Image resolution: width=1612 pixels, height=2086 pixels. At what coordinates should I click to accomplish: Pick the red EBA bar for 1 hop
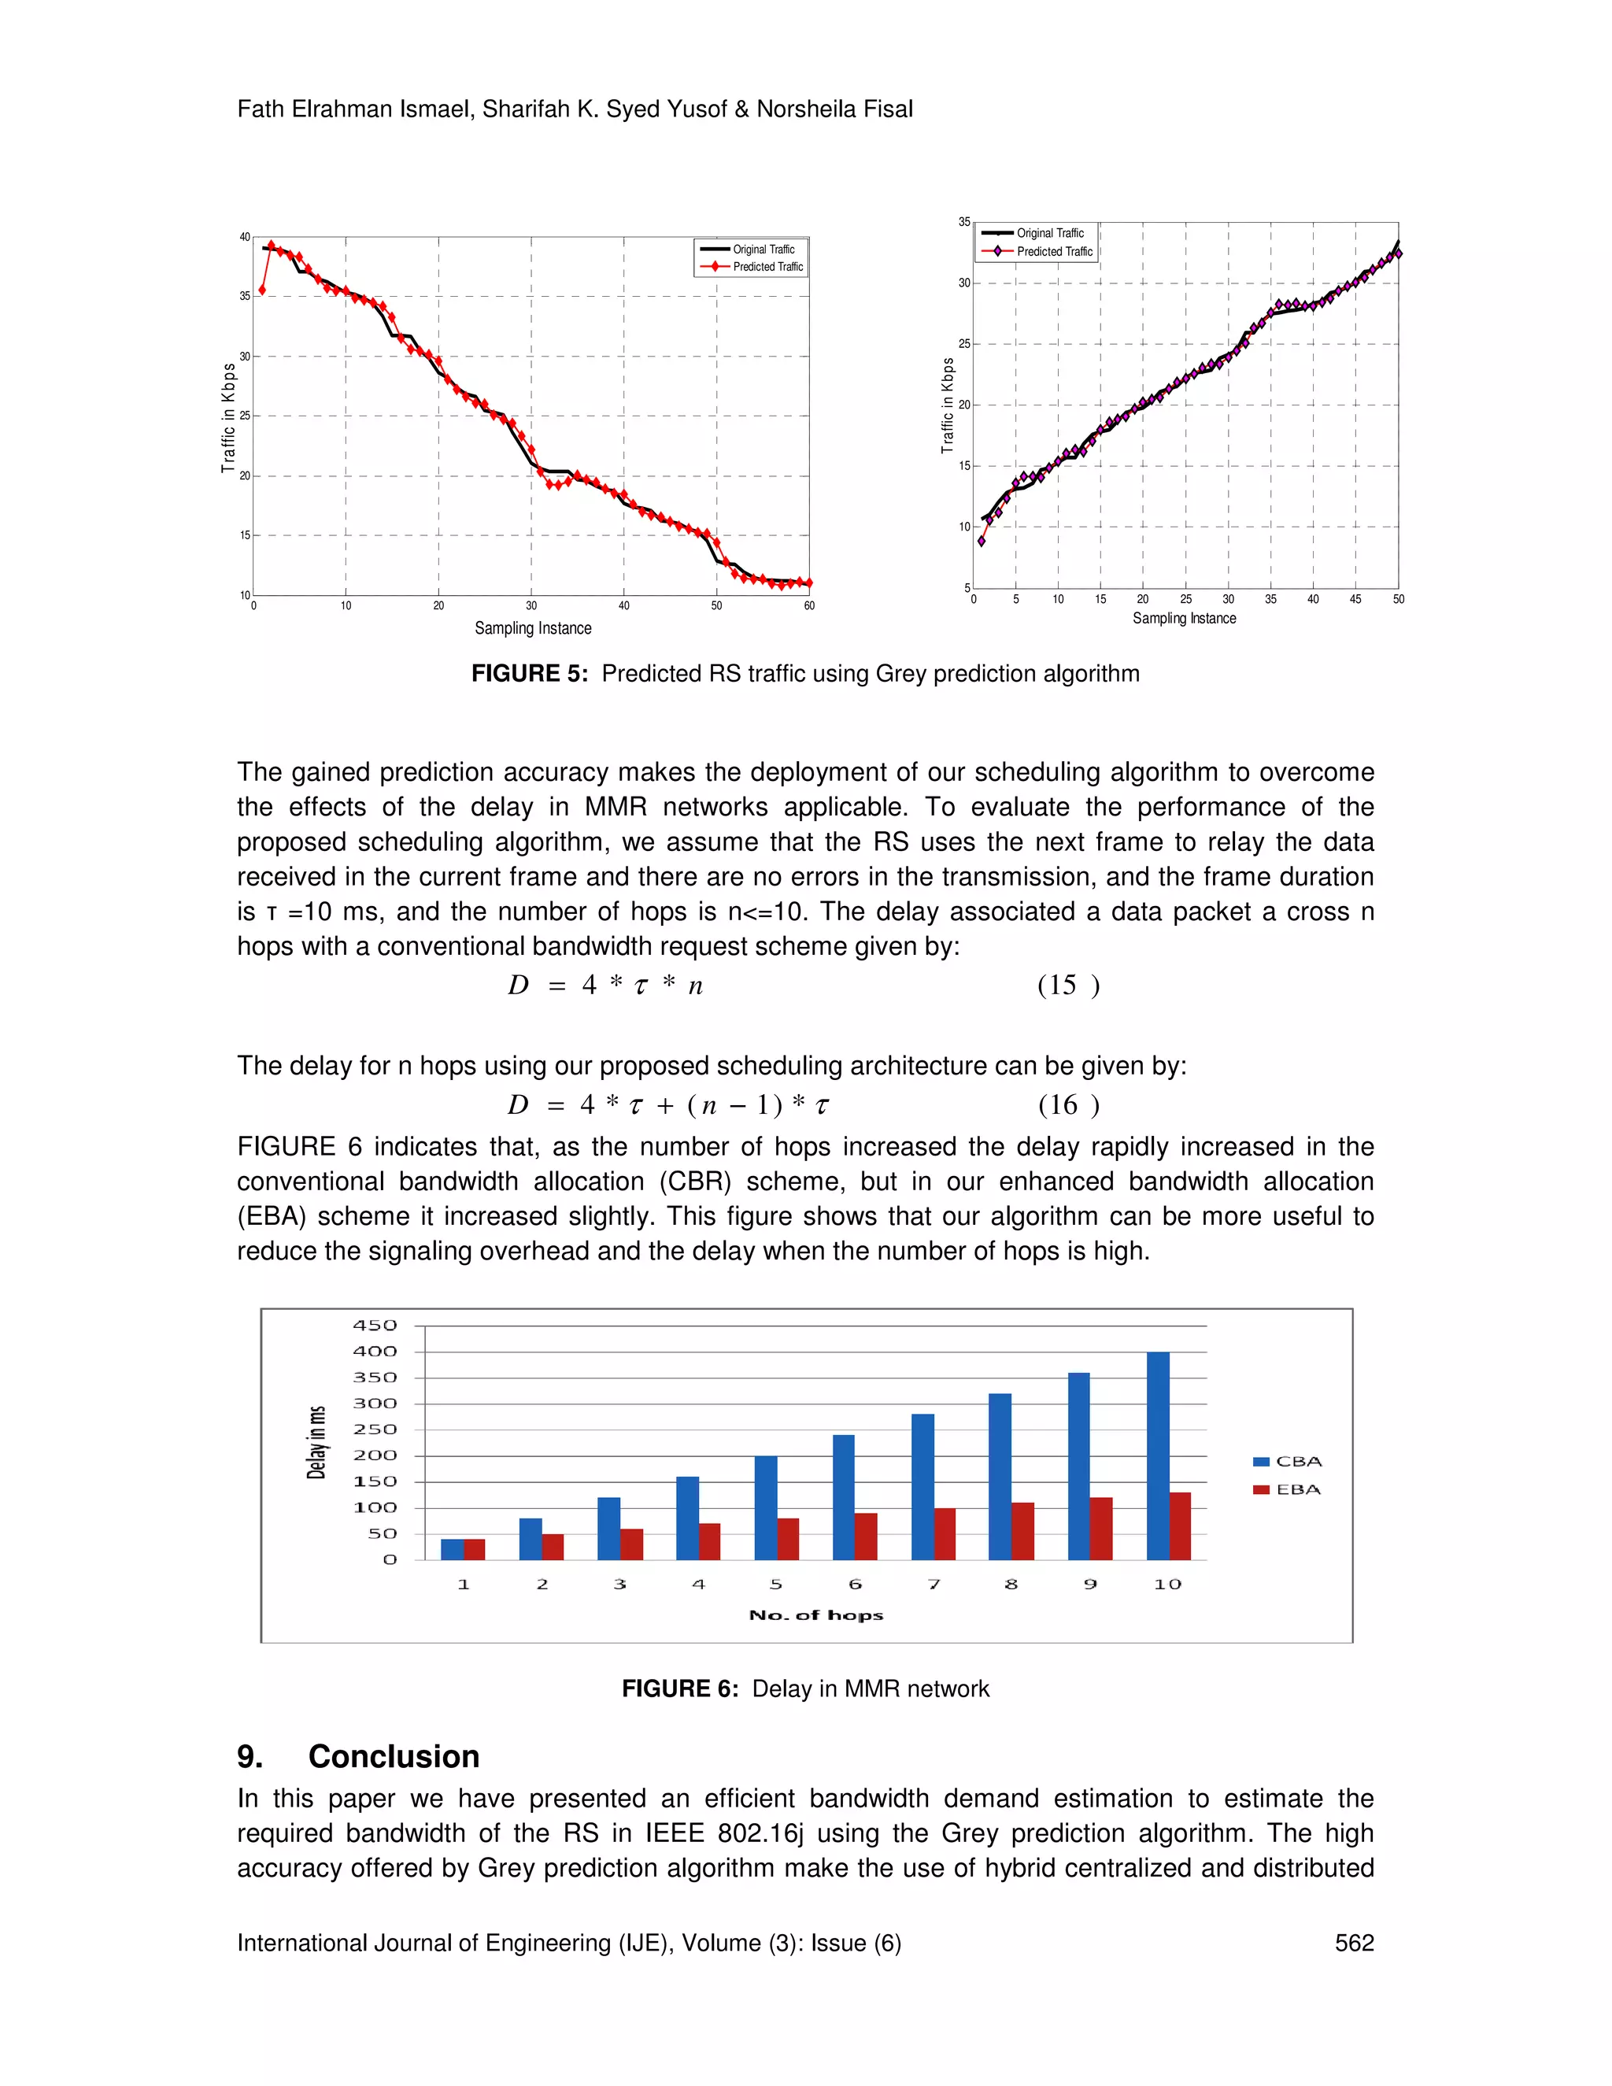(x=475, y=1548)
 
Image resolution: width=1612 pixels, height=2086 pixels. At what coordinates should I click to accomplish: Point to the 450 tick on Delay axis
(x=375, y=1325)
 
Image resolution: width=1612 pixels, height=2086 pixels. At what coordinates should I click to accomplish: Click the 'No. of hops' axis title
(x=815, y=1614)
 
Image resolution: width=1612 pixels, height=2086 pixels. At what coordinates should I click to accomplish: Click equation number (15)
(x=1067, y=985)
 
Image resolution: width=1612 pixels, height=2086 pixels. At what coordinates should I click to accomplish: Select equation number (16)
(x=1067, y=1105)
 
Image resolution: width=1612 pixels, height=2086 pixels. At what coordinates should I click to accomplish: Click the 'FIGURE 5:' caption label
(x=529, y=673)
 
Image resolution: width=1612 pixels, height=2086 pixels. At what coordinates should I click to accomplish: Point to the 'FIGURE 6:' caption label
(x=679, y=1688)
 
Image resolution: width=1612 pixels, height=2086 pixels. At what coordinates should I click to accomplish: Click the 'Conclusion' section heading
(x=394, y=1756)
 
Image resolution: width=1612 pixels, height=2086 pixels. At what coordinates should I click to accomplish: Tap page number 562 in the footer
(x=1353, y=1943)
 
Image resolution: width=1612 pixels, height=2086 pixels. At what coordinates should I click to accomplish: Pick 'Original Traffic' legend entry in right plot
(x=1036, y=233)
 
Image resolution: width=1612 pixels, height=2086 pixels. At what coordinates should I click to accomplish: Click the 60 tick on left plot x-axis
(x=809, y=605)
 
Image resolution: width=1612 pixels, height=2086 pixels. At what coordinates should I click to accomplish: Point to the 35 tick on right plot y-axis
(x=963, y=222)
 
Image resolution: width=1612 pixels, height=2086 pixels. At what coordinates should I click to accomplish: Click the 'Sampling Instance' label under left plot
(x=533, y=627)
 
